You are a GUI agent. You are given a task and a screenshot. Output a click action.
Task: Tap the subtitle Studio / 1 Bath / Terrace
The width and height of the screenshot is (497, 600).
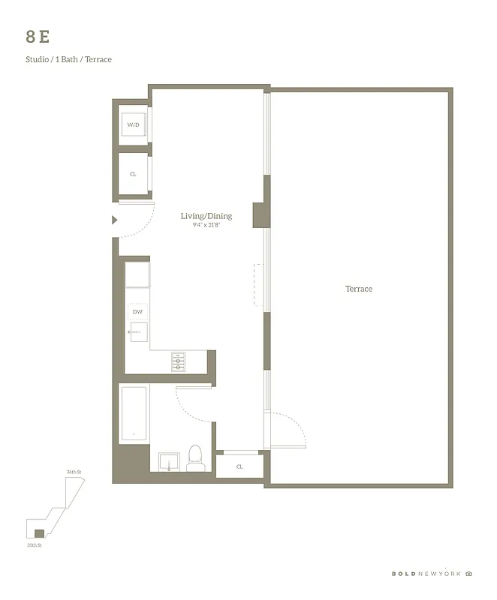pyautogui.click(x=68, y=59)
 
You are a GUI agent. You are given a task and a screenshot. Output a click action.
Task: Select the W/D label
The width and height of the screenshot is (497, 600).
pyautogui.click(x=133, y=124)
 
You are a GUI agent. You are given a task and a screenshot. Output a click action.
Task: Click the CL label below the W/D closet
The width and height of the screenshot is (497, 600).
pyautogui.click(x=133, y=174)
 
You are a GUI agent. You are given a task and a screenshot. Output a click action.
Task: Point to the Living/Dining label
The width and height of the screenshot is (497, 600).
pyautogui.click(x=206, y=216)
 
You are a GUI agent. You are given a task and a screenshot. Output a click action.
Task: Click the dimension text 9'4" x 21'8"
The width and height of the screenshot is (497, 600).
pyautogui.click(x=206, y=224)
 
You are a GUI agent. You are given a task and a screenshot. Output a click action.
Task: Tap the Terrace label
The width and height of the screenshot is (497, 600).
pyautogui.click(x=358, y=289)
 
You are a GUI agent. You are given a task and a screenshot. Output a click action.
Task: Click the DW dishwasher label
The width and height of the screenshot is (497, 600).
pyautogui.click(x=137, y=311)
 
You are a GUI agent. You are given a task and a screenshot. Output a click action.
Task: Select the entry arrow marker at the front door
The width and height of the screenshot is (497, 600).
pyautogui.click(x=114, y=220)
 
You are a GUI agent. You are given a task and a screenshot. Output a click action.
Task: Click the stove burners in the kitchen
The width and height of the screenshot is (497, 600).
pyautogui.click(x=179, y=361)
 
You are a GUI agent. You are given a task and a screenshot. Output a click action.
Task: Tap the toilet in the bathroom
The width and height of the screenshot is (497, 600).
pyautogui.click(x=196, y=458)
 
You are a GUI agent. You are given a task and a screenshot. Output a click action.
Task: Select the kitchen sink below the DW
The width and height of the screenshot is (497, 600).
pyautogui.click(x=140, y=331)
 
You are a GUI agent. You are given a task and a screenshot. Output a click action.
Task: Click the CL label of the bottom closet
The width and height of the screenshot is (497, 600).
pyautogui.click(x=239, y=466)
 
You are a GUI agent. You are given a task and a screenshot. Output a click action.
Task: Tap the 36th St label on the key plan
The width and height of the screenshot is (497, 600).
pyautogui.click(x=74, y=472)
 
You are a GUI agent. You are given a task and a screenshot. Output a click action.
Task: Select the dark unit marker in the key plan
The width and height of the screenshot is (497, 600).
pyautogui.click(x=39, y=533)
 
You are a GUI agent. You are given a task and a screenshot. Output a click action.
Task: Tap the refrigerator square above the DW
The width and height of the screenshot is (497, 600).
pyautogui.click(x=137, y=275)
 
